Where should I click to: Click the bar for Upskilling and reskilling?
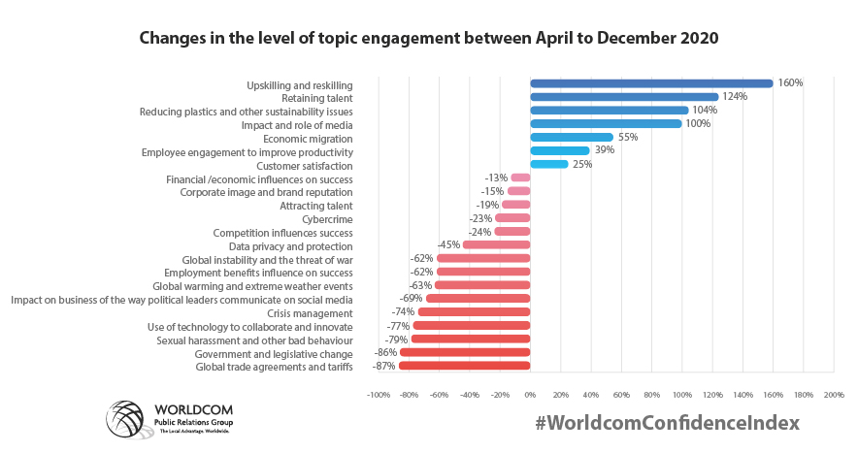650,83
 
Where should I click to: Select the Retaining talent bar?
623,97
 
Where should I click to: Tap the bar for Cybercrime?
512,218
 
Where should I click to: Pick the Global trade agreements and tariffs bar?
464,366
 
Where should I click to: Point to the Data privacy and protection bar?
496,245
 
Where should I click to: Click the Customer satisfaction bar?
548,164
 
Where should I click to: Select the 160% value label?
790,83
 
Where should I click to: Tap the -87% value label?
384,366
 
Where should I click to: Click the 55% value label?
628,137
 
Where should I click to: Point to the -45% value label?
448,245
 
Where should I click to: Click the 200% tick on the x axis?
833,395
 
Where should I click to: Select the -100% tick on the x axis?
378,395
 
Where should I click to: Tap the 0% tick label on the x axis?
530,395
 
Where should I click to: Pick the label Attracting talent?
315,206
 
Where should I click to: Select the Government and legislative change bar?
465,353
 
